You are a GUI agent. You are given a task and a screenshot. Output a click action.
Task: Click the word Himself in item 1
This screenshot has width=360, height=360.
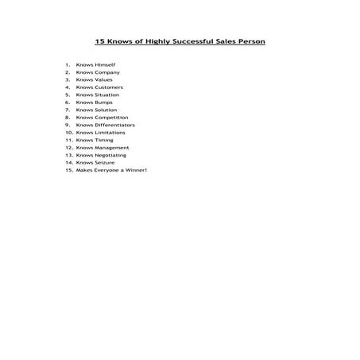tap(106, 64)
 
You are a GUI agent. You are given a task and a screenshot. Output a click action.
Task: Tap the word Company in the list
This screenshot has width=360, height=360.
tap(107, 72)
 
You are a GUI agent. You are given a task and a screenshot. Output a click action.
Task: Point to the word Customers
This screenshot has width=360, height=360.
tap(109, 87)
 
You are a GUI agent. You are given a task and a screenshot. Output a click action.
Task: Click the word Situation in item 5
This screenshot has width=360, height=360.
tap(108, 95)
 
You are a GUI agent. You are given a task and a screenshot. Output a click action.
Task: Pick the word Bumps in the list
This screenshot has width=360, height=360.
tap(104, 103)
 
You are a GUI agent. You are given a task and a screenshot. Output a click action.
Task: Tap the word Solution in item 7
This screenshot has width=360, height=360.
tap(106, 110)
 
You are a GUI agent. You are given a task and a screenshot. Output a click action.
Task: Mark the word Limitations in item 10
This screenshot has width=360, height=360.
tap(110, 133)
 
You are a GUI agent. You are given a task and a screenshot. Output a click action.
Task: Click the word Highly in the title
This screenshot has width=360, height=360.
tap(149, 41)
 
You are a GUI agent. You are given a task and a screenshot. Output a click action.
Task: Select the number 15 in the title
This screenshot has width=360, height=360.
tap(99, 41)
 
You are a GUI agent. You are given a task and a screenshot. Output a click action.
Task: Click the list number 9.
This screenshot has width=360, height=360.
tap(68, 125)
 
